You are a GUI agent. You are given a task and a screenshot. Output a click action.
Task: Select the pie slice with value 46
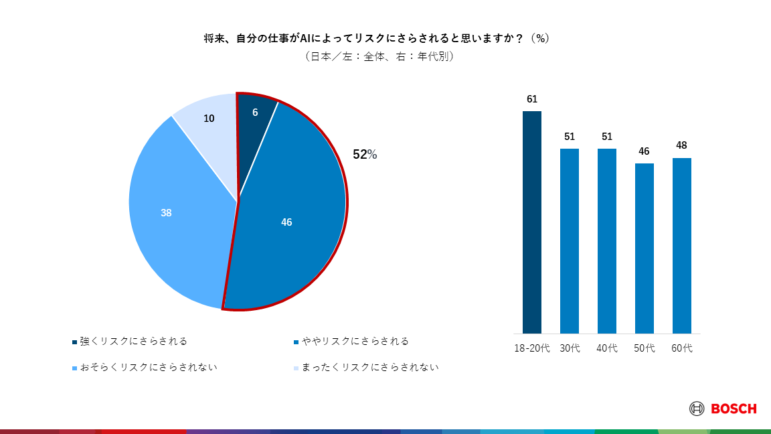click(x=288, y=221)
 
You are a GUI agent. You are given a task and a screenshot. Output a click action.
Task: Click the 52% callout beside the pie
click(x=365, y=155)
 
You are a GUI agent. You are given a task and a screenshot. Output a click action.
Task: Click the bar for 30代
click(x=570, y=241)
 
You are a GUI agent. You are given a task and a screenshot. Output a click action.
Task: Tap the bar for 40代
click(x=607, y=241)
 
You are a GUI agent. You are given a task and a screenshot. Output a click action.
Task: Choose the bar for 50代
click(x=645, y=248)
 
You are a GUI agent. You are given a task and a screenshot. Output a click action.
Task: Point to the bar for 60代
click(x=682, y=246)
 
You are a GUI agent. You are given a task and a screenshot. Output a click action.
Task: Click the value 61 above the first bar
click(x=532, y=99)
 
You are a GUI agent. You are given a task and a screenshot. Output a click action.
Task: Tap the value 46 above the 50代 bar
click(x=645, y=151)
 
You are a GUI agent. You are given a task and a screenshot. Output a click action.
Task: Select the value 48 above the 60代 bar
click(x=682, y=145)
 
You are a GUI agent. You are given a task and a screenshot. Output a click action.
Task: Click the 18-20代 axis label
click(x=532, y=349)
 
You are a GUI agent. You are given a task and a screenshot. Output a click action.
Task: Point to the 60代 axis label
click(x=682, y=349)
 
